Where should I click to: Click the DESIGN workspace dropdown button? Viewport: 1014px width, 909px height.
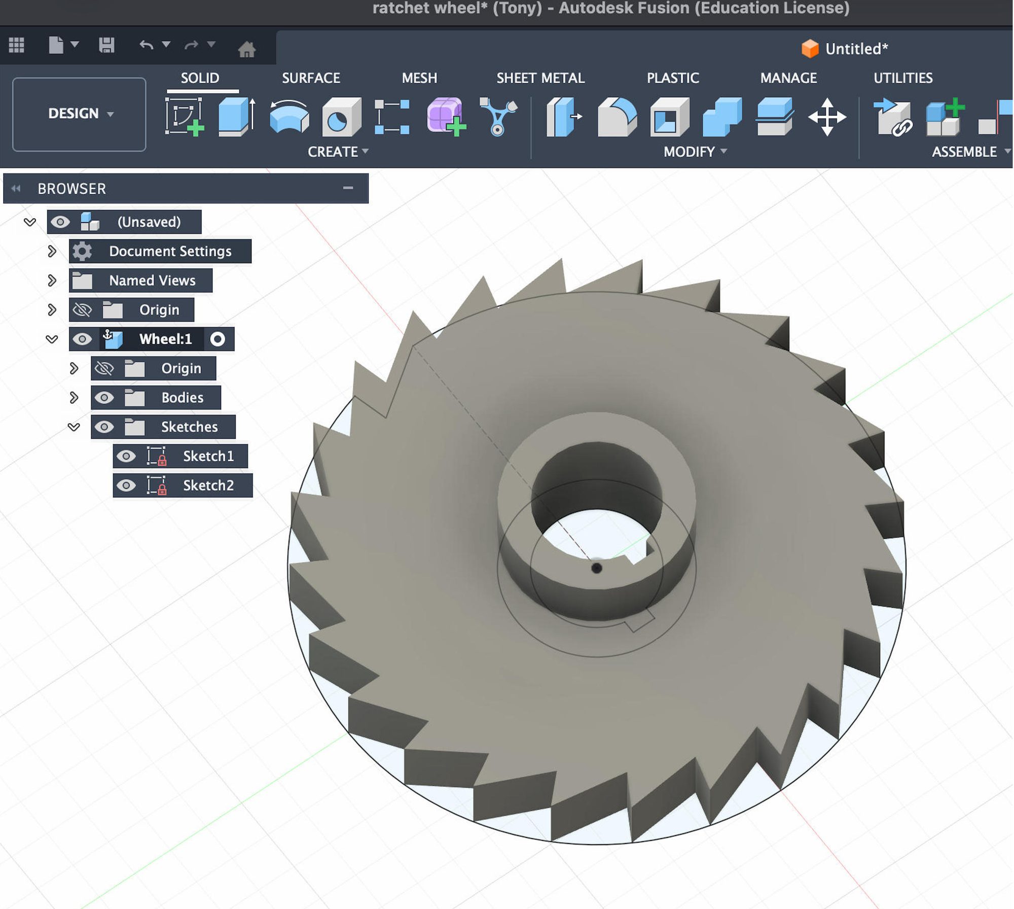pos(79,114)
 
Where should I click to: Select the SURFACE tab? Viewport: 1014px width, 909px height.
pos(311,78)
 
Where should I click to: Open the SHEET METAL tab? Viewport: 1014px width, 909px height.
pos(540,78)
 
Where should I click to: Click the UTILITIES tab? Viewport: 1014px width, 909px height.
pos(903,78)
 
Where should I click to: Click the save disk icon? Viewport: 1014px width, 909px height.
pos(106,45)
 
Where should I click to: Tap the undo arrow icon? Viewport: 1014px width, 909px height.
pos(146,45)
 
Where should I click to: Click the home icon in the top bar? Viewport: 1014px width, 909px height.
pos(247,49)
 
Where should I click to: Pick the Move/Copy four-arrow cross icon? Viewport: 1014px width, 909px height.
pos(827,117)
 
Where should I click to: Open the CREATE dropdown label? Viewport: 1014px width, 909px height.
pos(338,152)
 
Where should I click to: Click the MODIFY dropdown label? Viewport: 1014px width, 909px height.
pos(695,152)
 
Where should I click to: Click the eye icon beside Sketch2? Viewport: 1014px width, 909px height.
pos(126,485)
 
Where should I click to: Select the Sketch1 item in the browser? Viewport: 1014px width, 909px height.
pos(208,456)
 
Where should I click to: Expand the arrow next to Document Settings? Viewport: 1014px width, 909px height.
pos(52,251)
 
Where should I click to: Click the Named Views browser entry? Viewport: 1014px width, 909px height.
pos(152,281)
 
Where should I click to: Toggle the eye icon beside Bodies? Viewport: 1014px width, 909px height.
pos(104,398)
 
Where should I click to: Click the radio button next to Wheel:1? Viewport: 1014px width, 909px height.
pos(218,339)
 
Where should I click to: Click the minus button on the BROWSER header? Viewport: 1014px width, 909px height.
pos(348,188)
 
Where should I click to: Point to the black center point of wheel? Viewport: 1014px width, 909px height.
pos(597,568)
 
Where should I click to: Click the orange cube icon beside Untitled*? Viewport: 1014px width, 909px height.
pos(810,49)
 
